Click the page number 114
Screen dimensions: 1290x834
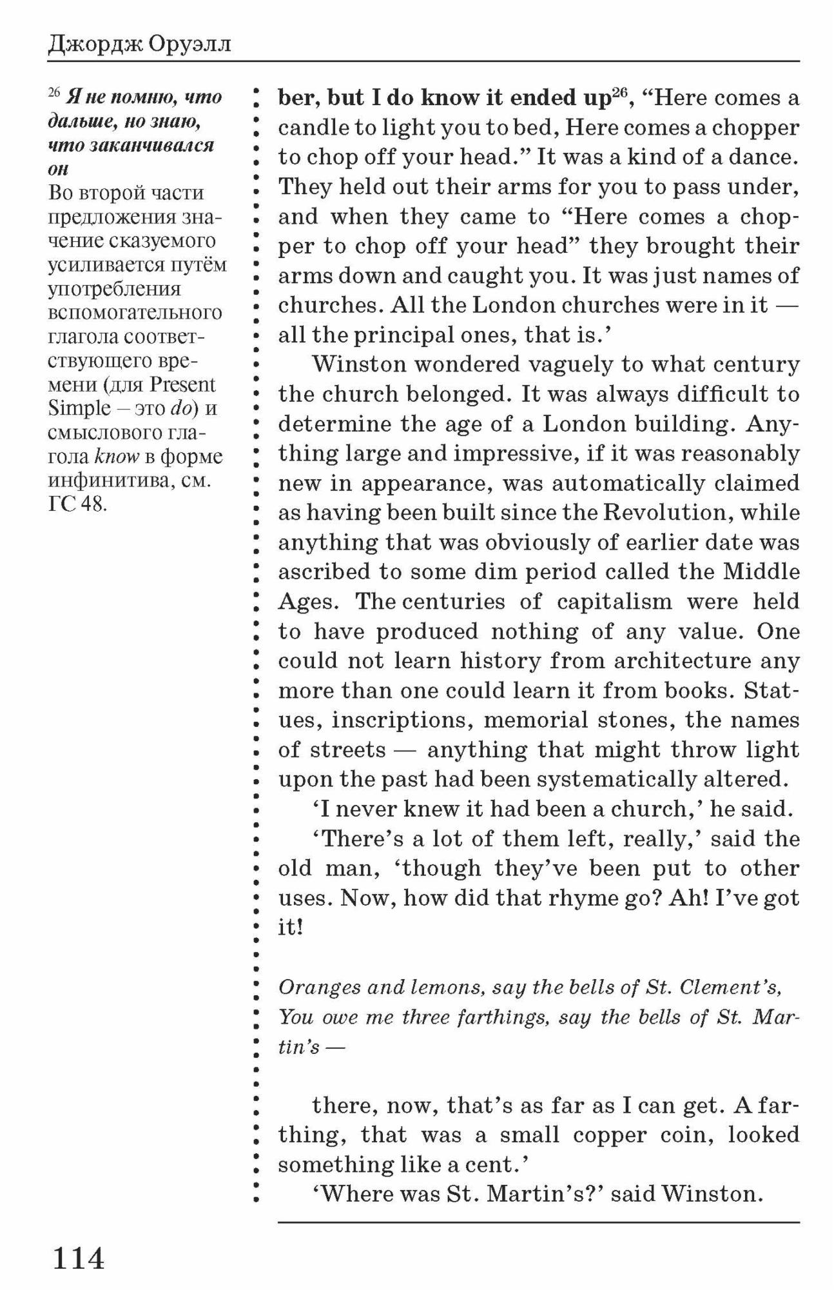point(78,1258)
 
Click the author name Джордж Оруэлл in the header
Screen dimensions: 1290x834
point(139,45)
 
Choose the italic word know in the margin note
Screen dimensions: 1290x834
point(117,457)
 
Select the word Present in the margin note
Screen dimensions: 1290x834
point(182,385)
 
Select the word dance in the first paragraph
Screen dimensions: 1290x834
point(761,157)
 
